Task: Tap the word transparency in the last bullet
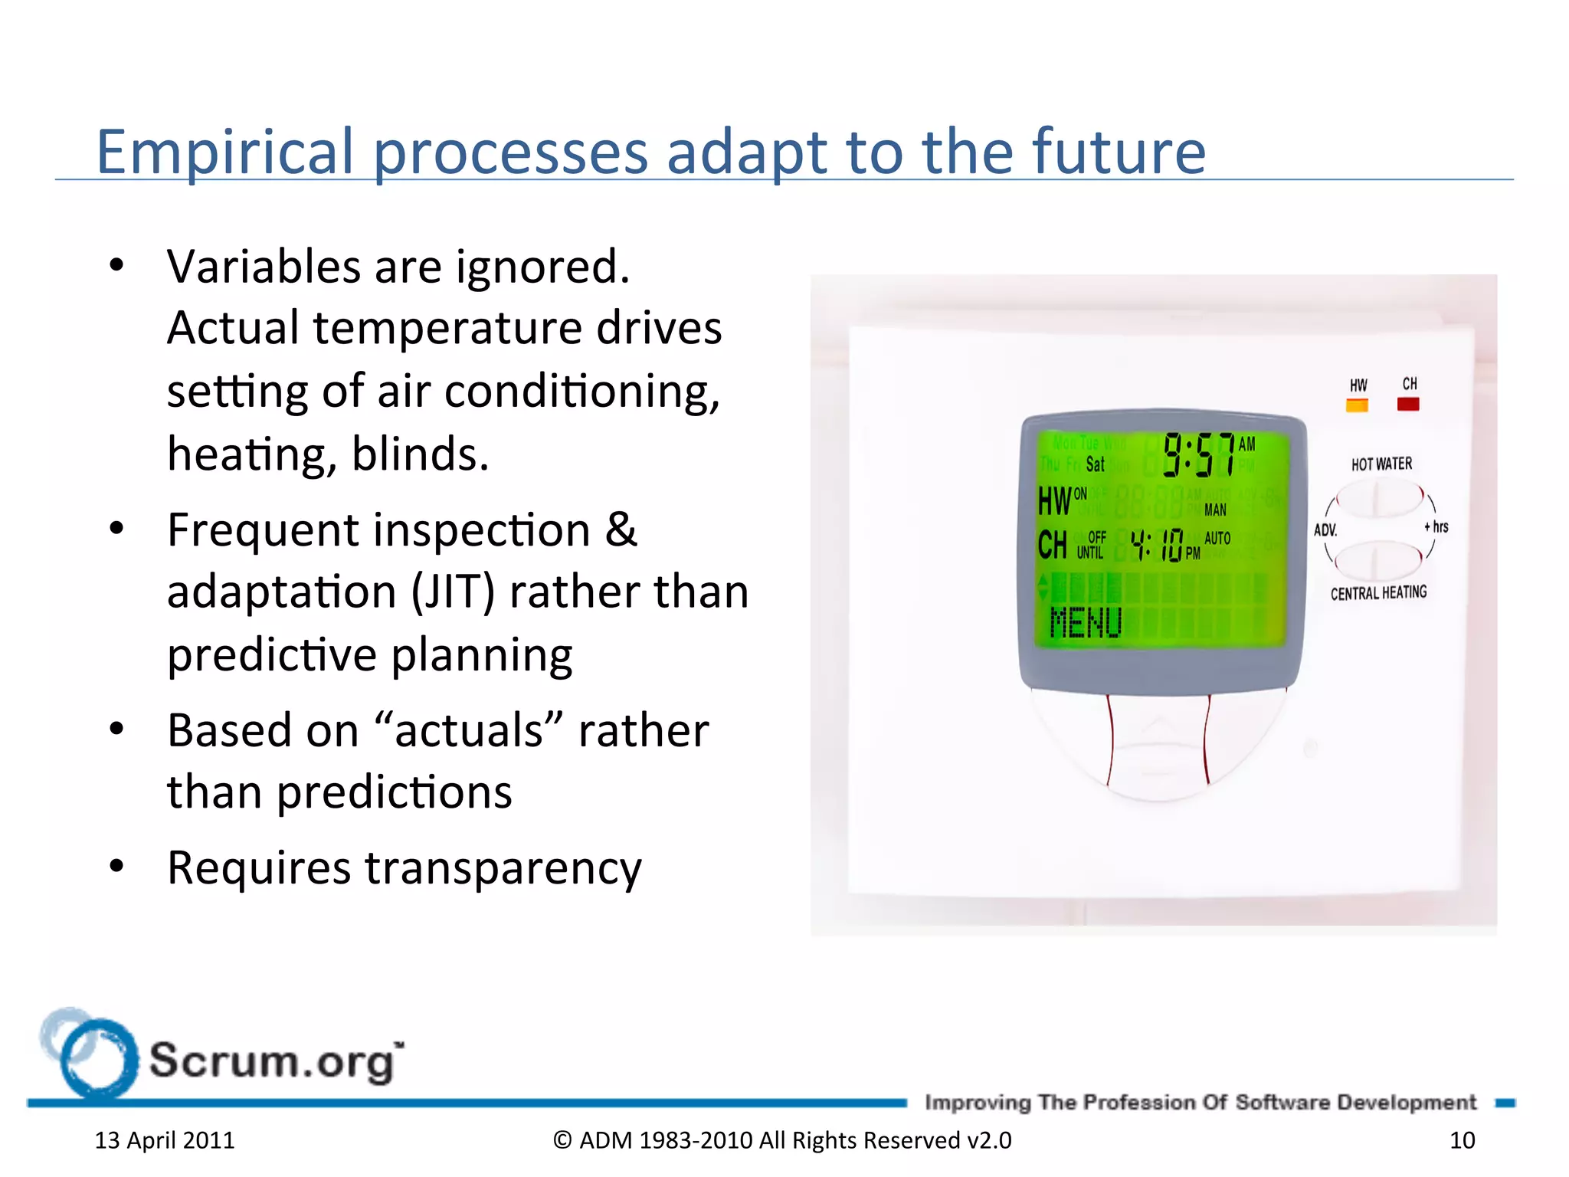[x=503, y=868]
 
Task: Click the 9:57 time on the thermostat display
[x=1199, y=454]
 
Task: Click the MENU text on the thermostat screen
[x=1086, y=622]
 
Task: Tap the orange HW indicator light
[x=1357, y=405]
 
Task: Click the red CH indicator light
[x=1408, y=404]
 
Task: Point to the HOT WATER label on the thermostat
[x=1381, y=464]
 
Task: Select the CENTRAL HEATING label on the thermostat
[x=1378, y=593]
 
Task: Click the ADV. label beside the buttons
[x=1325, y=530]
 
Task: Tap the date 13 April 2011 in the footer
[x=165, y=1140]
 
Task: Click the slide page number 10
[x=1462, y=1140]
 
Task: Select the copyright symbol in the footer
[x=562, y=1140]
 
